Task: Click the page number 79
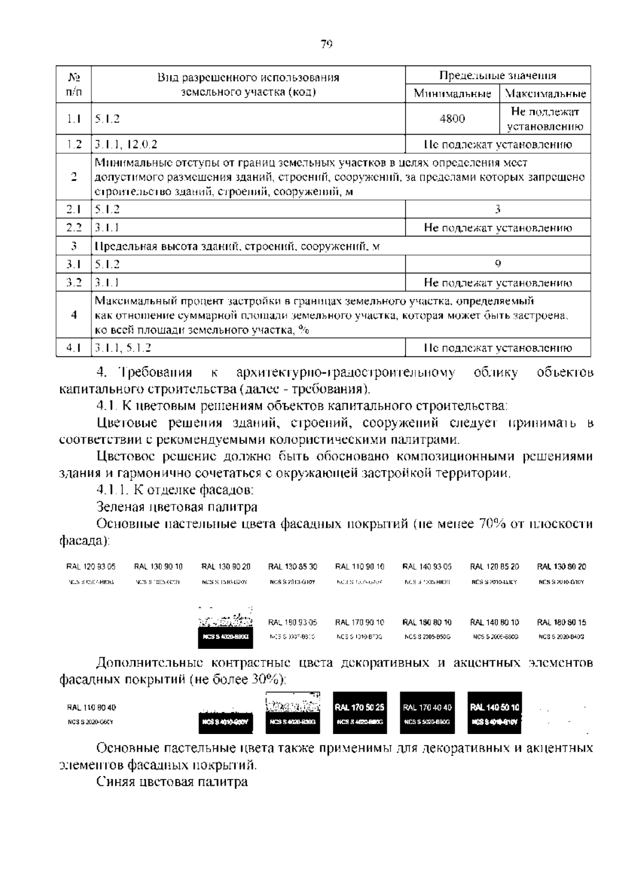pos(326,45)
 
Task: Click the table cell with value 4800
pos(452,119)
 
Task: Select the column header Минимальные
pos(452,94)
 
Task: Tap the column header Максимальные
pos(545,94)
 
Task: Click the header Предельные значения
pos(497,76)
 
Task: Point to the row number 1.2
pos(74,144)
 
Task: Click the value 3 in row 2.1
pos(497,209)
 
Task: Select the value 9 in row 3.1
pos(497,264)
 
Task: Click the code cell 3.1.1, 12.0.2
pos(126,144)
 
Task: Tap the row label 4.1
pos(74,348)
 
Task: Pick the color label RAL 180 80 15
pos(561,622)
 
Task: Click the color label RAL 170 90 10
pos(360,622)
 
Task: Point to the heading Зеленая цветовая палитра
pos(177,507)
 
